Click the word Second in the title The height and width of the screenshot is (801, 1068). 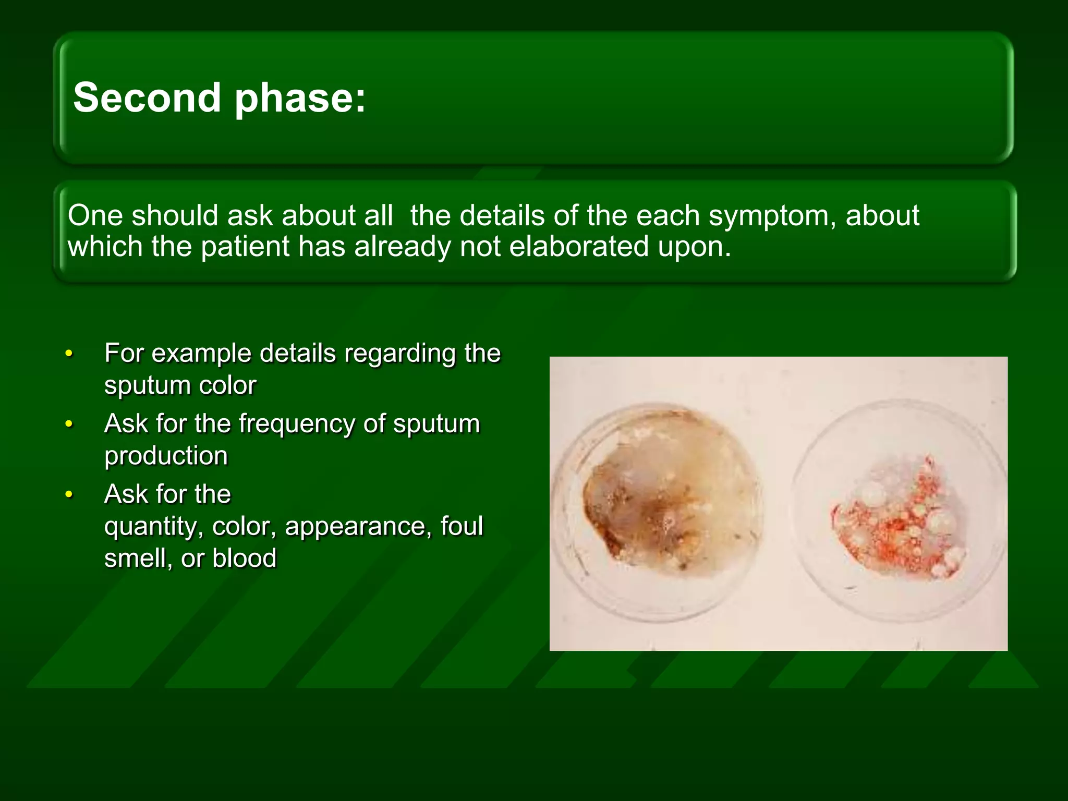point(147,98)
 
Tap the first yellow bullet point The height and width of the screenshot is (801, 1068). point(69,354)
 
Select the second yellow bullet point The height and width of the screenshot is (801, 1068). point(69,424)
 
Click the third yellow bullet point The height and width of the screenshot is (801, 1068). point(69,495)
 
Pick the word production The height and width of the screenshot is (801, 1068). point(166,456)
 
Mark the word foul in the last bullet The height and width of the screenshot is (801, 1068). point(462,527)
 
